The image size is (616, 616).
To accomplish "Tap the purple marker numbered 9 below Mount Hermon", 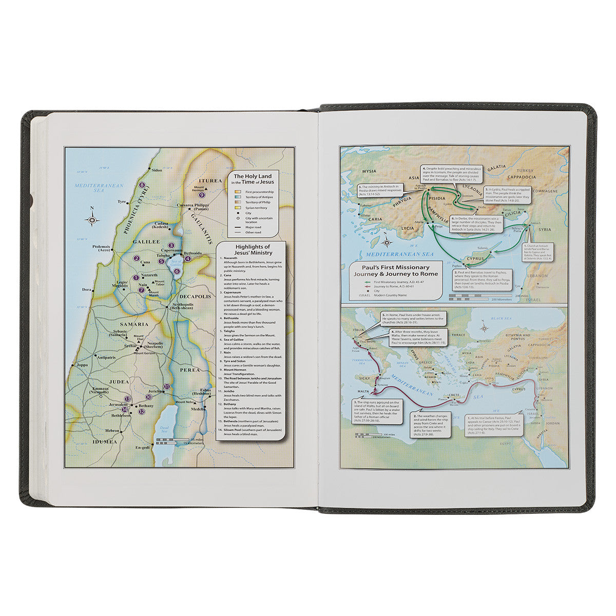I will [x=202, y=195].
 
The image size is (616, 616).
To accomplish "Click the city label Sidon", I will [x=156, y=169].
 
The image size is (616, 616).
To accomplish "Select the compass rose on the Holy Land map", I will [x=92, y=220].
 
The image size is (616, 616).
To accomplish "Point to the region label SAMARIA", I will [x=134, y=324].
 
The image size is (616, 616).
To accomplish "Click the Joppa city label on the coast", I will [x=82, y=365].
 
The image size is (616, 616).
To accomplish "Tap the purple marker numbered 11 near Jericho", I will [x=166, y=386].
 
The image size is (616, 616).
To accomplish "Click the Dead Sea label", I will [x=164, y=429].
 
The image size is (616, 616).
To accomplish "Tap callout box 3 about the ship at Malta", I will [x=375, y=411].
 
